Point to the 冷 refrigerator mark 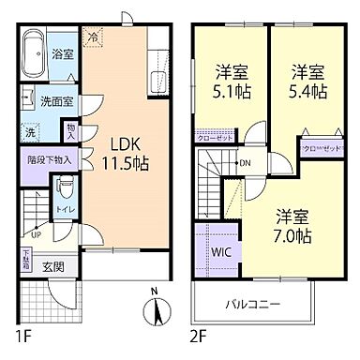coord(94,37)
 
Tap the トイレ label coord(65,212)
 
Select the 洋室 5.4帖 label coord(307,82)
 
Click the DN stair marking coord(243,163)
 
